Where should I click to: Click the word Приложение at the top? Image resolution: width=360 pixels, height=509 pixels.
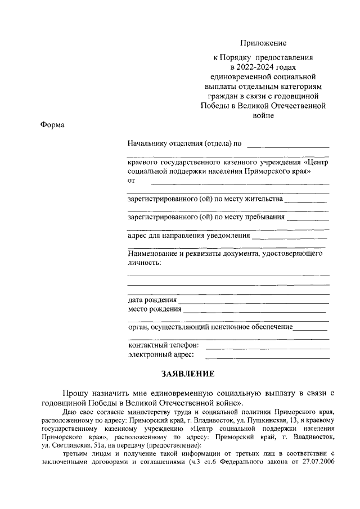[263, 43]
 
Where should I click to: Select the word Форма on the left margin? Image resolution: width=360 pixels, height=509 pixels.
[53, 125]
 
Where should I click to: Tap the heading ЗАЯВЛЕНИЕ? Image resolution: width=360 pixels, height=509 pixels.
[188, 374]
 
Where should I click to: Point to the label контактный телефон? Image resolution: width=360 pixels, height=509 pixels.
[163, 345]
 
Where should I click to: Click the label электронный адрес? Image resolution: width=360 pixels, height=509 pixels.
[161, 354]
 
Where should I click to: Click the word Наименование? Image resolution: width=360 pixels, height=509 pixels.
[152, 254]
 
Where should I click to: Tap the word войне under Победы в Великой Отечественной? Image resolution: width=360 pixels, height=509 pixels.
[263, 115]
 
